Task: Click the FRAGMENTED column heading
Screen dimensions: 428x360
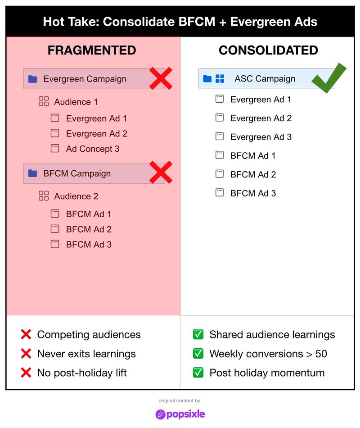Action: pyautogui.click(x=92, y=50)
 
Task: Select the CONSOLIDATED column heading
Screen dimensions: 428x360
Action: pyautogui.click(x=268, y=50)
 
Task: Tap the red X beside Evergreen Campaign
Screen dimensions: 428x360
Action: pyautogui.click(x=161, y=78)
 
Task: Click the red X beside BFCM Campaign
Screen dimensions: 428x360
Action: pyautogui.click(x=161, y=173)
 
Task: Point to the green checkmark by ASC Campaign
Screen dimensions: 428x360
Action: pyautogui.click(x=329, y=78)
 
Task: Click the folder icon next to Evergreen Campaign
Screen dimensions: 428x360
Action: pyautogui.click(x=32, y=79)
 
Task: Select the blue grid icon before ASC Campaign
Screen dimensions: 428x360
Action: pyautogui.click(x=220, y=79)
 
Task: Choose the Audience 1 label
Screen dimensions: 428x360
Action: pyautogui.click(x=76, y=102)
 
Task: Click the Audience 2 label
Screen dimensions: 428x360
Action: pyautogui.click(x=76, y=196)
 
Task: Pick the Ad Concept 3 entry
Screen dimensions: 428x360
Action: pyautogui.click(x=92, y=149)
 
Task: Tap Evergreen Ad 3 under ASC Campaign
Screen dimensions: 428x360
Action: pyautogui.click(x=261, y=137)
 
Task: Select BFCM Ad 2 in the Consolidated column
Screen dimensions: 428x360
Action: pyautogui.click(x=253, y=174)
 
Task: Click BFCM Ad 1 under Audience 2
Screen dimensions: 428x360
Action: pyautogui.click(x=88, y=214)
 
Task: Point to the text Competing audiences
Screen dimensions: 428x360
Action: pyautogui.click(x=89, y=334)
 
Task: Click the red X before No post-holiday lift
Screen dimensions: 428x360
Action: pyautogui.click(x=26, y=373)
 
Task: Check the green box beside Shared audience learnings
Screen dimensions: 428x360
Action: pyautogui.click(x=198, y=334)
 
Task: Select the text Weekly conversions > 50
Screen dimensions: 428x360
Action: pyautogui.click(x=268, y=354)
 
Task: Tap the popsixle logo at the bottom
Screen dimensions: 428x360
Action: pyautogui.click(x=180, y=414)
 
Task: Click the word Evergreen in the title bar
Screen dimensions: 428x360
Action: pyautogui.click(x=257, y=22)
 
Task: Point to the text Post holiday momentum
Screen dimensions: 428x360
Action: pyautogui.click(x=266, y=373)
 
